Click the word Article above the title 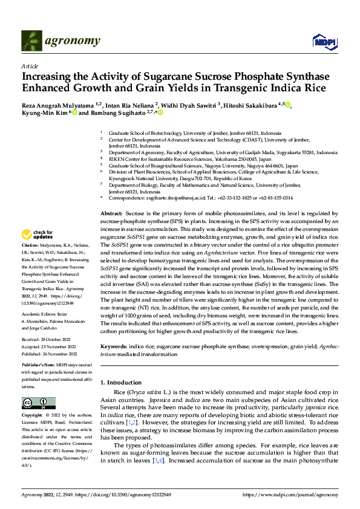(30, 66)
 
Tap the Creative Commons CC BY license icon (38, 403)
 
